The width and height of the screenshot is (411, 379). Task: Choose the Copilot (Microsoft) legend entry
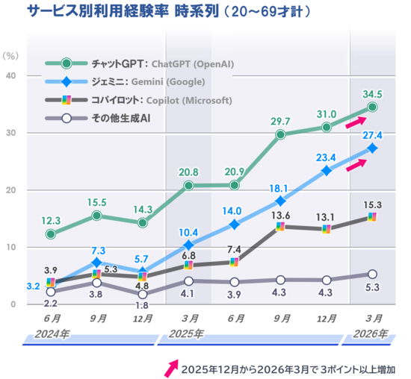coord(139,100)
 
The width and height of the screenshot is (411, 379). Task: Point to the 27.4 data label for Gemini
coord(372,134)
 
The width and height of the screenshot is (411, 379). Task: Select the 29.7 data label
coord(281,121)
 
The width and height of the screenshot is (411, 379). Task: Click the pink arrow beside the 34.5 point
coord(355,121)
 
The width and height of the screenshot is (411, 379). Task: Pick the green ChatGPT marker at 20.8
coord(189,185)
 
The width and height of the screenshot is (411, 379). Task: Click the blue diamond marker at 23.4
coord(327,171)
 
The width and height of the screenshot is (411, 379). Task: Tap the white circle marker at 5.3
coord(372,275)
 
